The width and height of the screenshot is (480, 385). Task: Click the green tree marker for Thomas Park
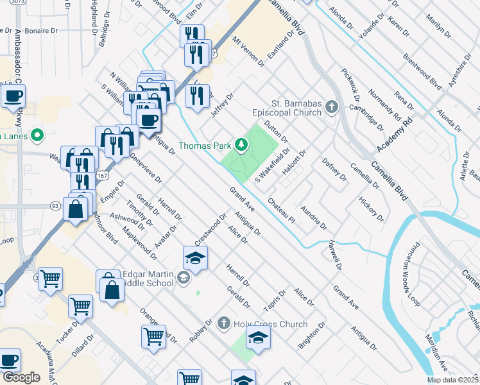[242, 145]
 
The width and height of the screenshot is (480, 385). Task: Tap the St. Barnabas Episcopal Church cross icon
[332, 107]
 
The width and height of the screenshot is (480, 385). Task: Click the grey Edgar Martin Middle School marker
[184, 277]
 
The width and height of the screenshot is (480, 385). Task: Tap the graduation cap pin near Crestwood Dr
[195, 258]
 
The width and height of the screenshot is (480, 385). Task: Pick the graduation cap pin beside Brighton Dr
[257, 337]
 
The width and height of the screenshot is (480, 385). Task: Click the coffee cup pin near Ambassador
[13, 96]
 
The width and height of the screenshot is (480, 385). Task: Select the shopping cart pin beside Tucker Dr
[81, 306]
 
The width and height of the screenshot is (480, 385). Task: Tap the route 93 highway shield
[56, 206]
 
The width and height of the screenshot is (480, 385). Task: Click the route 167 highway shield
[101, 175]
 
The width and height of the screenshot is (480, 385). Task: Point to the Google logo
[21, 377]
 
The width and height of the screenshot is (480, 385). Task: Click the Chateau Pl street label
[282, 210]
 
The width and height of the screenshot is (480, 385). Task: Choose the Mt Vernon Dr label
[248, 51]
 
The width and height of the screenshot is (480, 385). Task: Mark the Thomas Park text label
[204, 146]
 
